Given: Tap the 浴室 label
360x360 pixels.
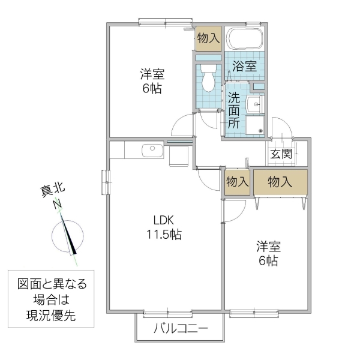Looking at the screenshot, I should coord(244,66).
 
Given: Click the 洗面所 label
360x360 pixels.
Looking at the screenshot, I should coord(233,110).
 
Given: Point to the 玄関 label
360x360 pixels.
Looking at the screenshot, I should coord(281,154).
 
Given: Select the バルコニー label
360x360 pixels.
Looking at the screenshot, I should coord(180,329).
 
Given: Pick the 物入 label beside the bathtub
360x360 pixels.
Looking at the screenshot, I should coord(208,38).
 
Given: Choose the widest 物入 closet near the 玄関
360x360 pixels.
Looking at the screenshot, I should coord(281,182).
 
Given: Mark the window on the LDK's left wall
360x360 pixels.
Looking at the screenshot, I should coord(106,181).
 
